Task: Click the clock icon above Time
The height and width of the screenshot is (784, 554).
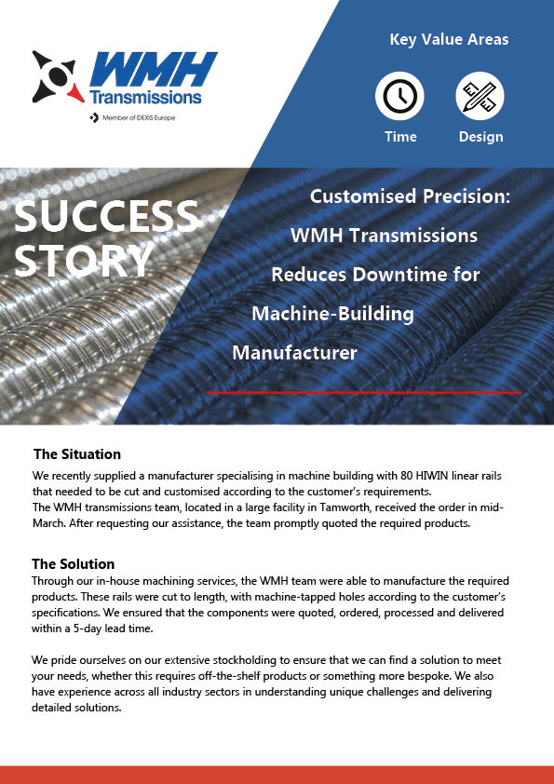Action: point(399,96)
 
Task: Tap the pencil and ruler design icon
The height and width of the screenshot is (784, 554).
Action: point(480,96)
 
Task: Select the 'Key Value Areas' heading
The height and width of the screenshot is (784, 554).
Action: point(449,39)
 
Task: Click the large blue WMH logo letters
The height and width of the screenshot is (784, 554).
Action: point(153,70)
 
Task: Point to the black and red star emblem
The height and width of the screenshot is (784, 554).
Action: point(56,76)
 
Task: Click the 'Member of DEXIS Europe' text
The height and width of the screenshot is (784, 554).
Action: point(139,118)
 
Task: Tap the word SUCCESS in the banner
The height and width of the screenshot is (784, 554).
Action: point(106,216)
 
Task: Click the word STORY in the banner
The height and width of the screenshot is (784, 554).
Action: point(84,261)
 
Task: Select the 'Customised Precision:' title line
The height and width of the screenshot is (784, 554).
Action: point(410,196)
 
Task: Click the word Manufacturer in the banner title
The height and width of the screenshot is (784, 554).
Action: point(294,353)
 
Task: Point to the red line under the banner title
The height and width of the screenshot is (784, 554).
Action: point(364,393)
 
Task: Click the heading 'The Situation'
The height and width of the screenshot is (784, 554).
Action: point(77,454)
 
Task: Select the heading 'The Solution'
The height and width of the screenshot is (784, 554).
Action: point(73,564)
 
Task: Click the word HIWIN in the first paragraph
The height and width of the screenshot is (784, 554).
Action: point(431,476)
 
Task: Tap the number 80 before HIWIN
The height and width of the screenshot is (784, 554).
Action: point(406,476)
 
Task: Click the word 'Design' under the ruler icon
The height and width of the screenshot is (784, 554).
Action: point(481,137)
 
